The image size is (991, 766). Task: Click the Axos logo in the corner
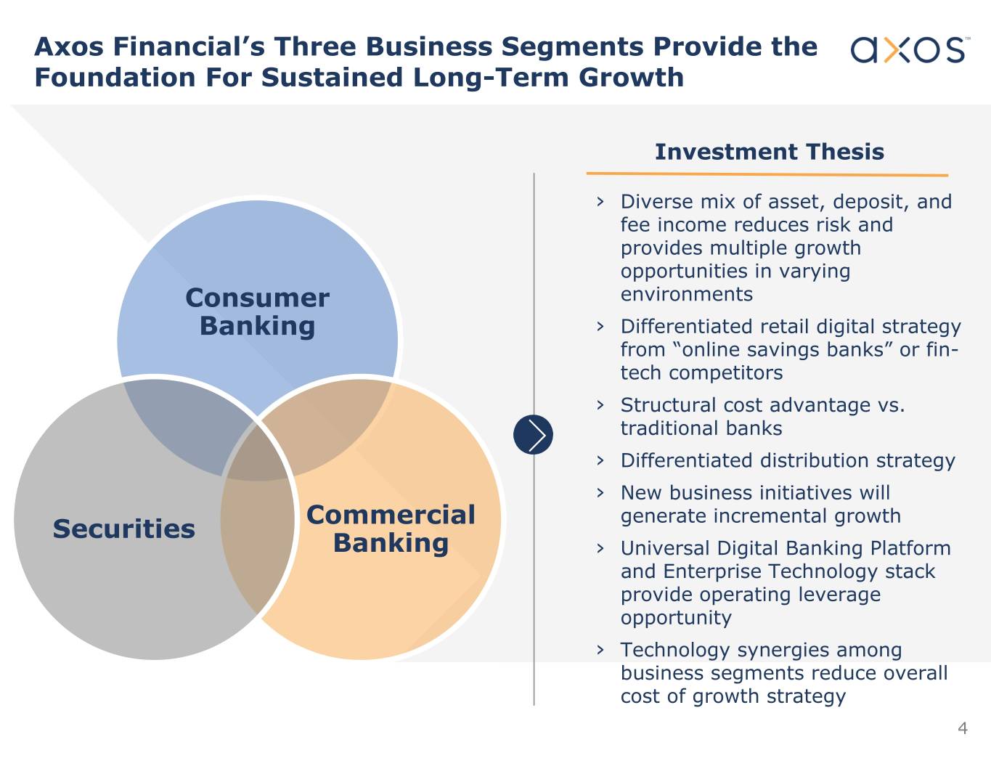(x=910, y=49)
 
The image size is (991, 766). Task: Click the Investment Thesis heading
(x=770, y=152)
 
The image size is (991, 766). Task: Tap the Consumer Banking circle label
(x=257, y=312)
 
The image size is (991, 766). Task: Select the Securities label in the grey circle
(x=124, y=529)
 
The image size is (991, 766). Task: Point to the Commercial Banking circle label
(x=391, y=529)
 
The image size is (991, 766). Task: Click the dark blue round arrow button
(x=533, y=434)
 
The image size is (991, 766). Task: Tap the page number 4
(x=963, y=728)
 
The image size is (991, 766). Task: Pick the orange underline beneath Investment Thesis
(x=767, y=174)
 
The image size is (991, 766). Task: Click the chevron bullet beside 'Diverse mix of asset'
(x=600, y=202)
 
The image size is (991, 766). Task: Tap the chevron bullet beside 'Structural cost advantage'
(x=600, y=405)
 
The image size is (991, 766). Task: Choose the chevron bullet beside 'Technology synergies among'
(x=600, y=650)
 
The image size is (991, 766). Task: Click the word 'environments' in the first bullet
(x=686, y=295)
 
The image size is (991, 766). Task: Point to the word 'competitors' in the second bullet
(x=725, y=373)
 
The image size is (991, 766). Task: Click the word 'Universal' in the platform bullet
(x=665, y=548)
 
